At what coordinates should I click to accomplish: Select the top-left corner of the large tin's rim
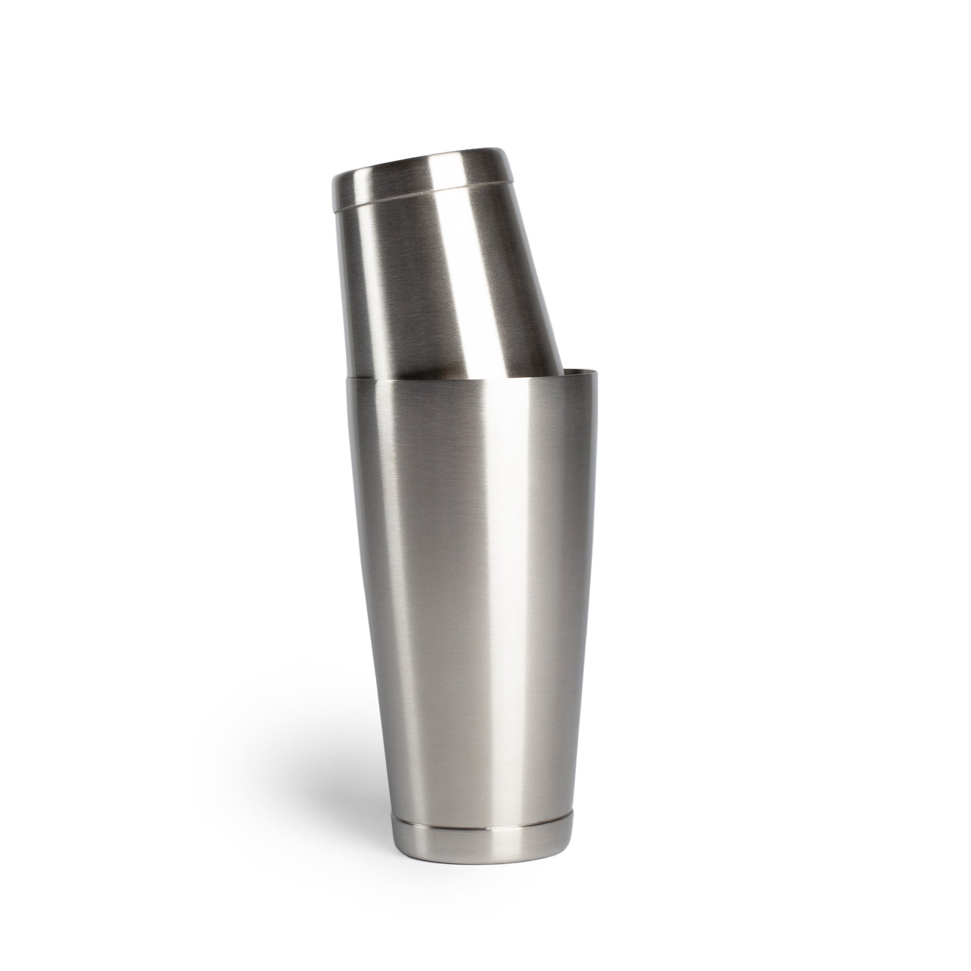pyautogui.click(x=344, y=377)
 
